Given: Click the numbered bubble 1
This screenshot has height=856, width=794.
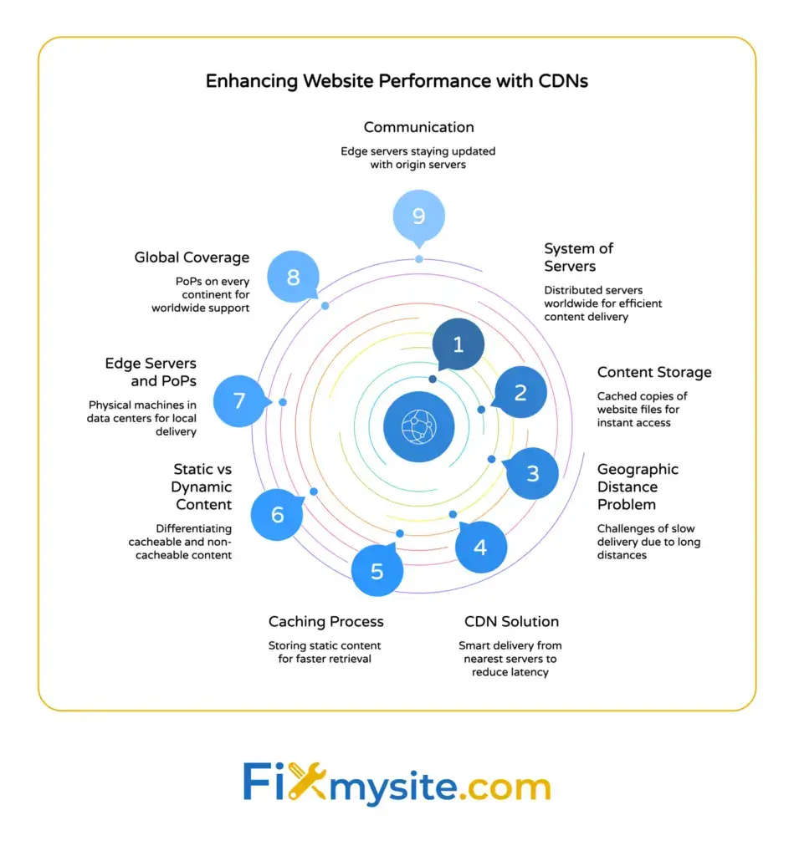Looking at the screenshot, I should click(458, 344).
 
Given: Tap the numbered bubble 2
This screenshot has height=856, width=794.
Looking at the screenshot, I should click(520, 391).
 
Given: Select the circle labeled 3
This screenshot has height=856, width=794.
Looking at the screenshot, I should click(533, 473).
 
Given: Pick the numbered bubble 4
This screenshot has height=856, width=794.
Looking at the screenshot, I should click(480, 548).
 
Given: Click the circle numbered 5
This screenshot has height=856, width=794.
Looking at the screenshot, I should click(377, 571).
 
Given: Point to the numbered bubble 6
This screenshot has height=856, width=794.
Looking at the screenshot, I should click(277, 514).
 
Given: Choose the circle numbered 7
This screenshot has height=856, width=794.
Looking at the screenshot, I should click(239, 400).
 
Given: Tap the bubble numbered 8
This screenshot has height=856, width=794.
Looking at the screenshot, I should click(293, 277).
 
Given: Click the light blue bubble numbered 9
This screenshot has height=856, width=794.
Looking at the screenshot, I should click(418, 217).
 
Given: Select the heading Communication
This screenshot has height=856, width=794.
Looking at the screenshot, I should click(418, 127).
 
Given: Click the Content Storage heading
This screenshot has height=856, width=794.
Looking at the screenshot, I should click(653, 372).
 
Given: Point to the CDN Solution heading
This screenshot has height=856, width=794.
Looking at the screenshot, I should click(511, 621).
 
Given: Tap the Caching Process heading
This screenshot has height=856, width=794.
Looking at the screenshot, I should click(325, 621).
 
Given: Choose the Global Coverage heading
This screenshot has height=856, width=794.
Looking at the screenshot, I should click(192, 257).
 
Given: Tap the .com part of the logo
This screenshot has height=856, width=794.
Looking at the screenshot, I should click(505, 787).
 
